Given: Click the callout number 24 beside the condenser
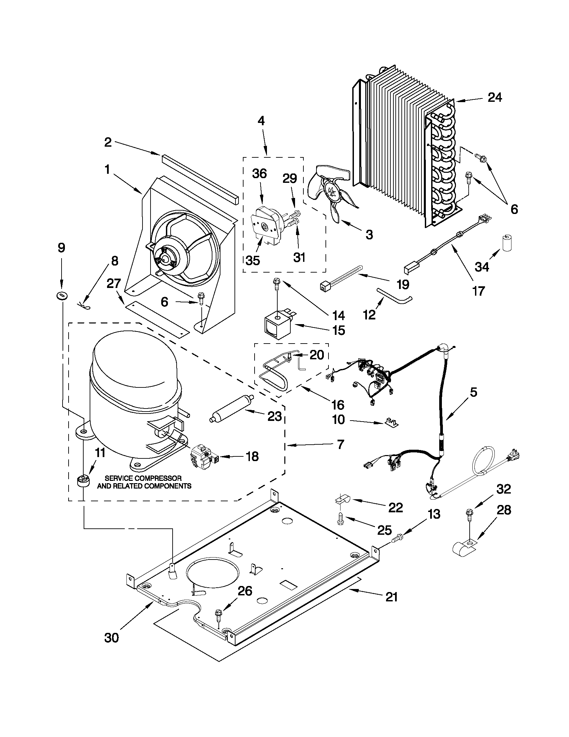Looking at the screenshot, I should tap(494, 97).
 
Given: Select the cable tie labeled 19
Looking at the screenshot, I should tap(341, 278).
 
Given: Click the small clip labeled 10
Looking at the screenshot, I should tap(390, 423).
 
